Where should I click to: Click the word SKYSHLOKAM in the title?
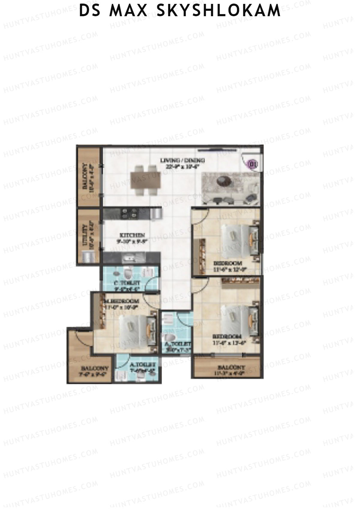[x=218, y=10]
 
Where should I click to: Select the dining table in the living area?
[x=145, y=181]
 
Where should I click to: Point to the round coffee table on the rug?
[x=224, y=181]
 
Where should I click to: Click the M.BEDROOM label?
[x=121, y=301]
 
